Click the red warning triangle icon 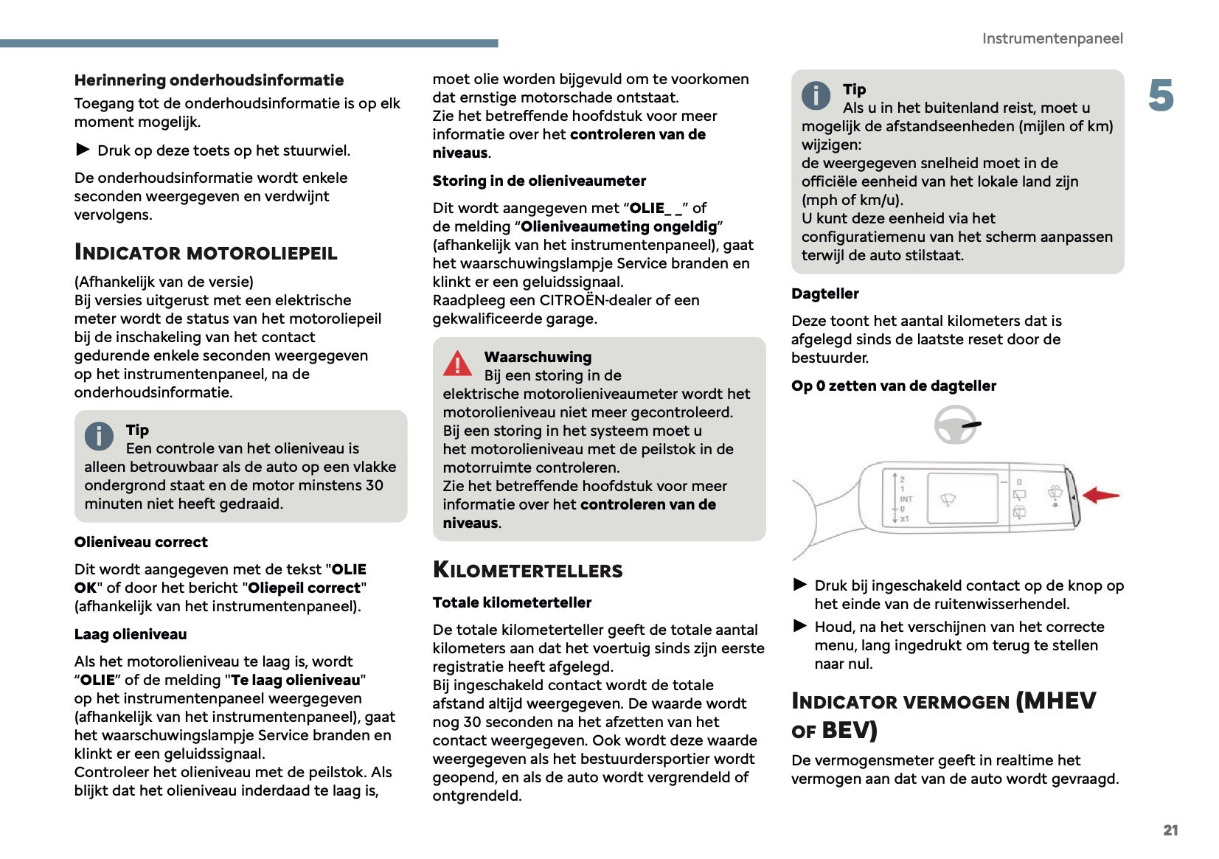(x=457, y=364)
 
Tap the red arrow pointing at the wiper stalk (x=1100, y=495)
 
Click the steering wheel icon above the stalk (x=956, y=425)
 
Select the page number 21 (x=1170, y=830)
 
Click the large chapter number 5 (x=1161, y=96)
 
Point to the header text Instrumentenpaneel (x=1052, y=38)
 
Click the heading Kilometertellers (x=527, y=570)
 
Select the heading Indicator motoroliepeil (x=206, y=253)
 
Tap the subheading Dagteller (x=824, y=293)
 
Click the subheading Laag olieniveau (x=131, y=634)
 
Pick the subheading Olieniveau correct (x=141, y=542)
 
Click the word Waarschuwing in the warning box (x=538, y=357)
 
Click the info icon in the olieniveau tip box (x=99, y=436)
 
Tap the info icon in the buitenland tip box (x=816, y=95)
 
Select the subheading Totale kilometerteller (x=512, y=602)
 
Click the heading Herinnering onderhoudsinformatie (x=209, y=80)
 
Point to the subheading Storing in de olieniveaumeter (x=539, y=181)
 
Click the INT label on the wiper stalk (x=906, y=499)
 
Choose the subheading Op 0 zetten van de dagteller (x=893, y=386)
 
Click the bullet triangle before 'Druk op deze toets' (x=83, y=150)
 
